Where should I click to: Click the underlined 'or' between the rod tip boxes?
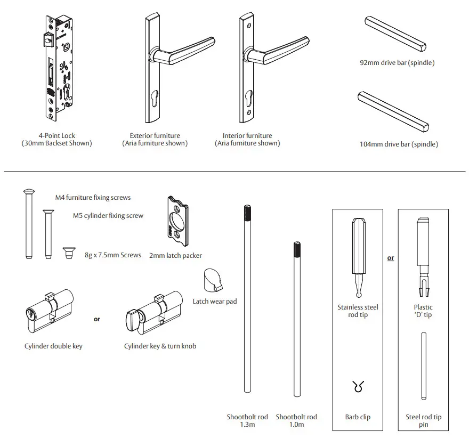pyautogui.click(x=391, y=258)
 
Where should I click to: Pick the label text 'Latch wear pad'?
pyautogui.click(x=215, y=302)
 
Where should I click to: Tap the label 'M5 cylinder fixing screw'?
pyautogui.click(x=108, y=216)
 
